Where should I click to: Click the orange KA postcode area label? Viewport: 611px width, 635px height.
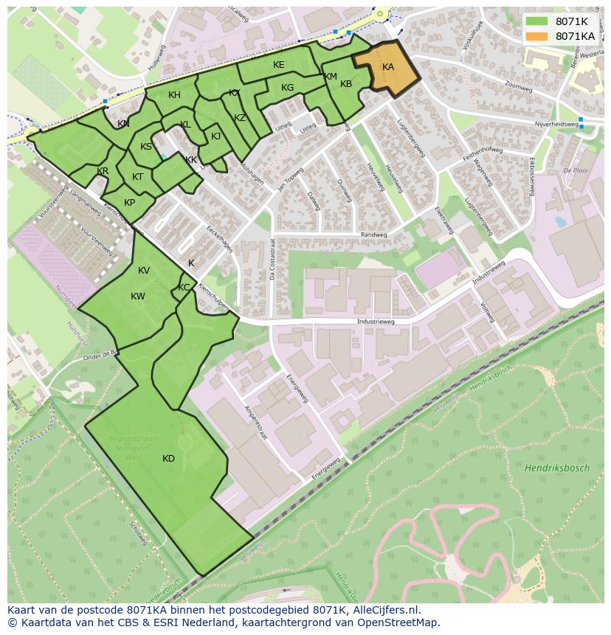pyautogui.click(x=388, y=67)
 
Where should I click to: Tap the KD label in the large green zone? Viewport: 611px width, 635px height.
pyautogui.click(x=168, y=459)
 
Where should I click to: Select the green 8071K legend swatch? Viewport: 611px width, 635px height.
pyautogui.click(x=536, y=21)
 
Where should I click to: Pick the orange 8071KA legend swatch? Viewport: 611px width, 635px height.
pyautogui.click(x=536, y=35)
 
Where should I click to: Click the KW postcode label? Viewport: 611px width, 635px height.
pyautogui.click(x=138, y=296)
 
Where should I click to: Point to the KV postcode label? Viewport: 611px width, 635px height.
pyautogui.click(x=144, y=271)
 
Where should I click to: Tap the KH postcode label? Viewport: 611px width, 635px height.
pyautogui.click(x=174, y=95)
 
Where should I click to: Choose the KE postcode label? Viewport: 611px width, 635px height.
pyautogui.click(x=278, y=65)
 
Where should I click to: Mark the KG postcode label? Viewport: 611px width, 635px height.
pyautogui.click(x=287, y=88)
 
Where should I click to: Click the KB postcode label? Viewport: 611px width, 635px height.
pyautogui.click(x=346, y=84)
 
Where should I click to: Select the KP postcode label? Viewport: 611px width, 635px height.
pyautogui.click(x=129, y=203)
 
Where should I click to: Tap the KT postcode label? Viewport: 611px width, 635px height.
pyautogui.click(x=137, y=177)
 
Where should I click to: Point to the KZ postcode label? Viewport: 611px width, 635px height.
pyautogui.click(x=240, y=118)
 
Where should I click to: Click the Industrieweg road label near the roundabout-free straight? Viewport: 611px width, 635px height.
pyautogui.click(x=376, y=322)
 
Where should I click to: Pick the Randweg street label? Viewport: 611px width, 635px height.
pyautogui.click(x=373, y=235)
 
